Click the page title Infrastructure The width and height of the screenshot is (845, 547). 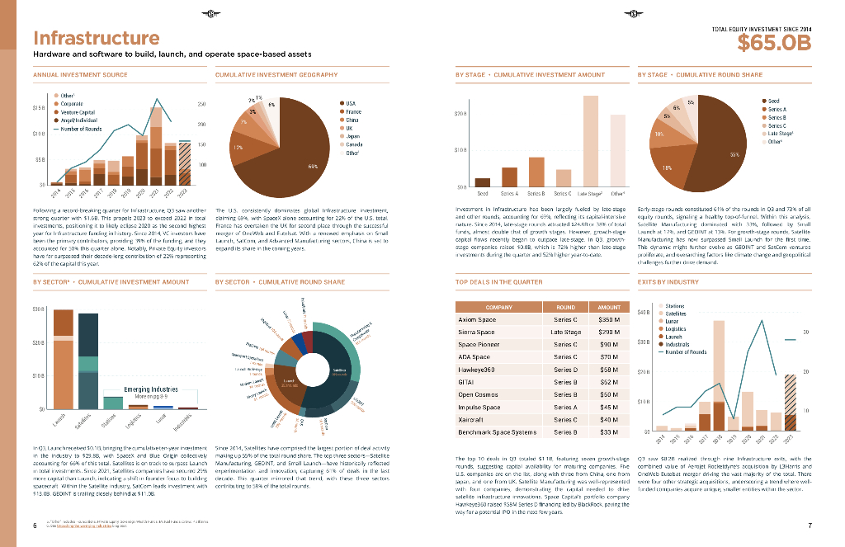pyautogui.click(x=96, y=39)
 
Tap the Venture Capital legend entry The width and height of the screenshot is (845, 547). pyautogui.click(x=77, y=112)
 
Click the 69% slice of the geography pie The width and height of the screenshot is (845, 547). pyautogui.click(x=281, y=157)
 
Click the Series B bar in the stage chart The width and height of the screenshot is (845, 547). pyautogui.click(x=536, y=172)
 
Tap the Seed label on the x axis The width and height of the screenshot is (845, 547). pyautogui.click(x=483, y=193)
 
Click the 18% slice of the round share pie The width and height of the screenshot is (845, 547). pyautogui.click(x=670, y=165)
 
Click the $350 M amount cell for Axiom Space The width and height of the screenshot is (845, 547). pyautogui.click(x=608, y=319)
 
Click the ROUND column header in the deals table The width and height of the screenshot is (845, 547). pyautogui.click(x=565, y=306)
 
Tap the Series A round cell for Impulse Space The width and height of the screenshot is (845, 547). pyautogui.click(x=565, y=407)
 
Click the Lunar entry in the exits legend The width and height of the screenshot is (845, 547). pyautogui.click(x=673, y=322)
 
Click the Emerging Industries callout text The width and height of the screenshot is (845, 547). pyautogui.click(x=151, y=389)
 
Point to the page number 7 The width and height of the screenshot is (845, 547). pyautogui.click(x=810, y=526)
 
